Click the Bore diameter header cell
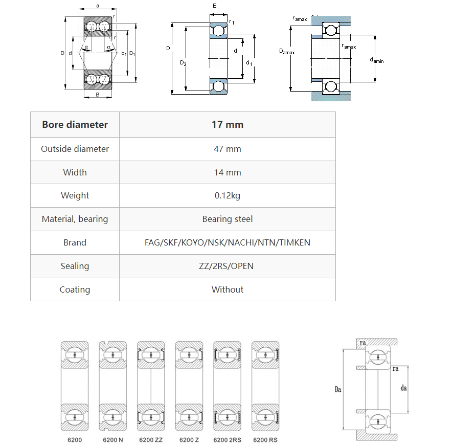click(x=75, y=124)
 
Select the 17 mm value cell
click(x=228, y=124)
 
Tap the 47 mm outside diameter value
click(x=228, y=149)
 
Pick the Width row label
click(x=75, y=172)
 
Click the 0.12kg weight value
click(x=228, y=195)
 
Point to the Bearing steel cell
click(x=228, y=219)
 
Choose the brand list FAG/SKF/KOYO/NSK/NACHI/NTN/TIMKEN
click(x=228, y=242)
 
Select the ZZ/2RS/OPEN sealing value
click(x=228, y=266)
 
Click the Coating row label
click(x=75, y=289)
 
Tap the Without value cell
click(x=228, y=289)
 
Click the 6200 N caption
click(x=112, y=440)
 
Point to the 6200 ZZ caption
click(x=151, y=440)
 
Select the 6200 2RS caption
click(x=227, y=440)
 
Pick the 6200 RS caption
click(x=265, y=440)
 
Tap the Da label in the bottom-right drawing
click(x=337, y=390)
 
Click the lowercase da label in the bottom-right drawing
click(x=404, y=389)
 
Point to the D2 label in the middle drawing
click(x=183, y=63)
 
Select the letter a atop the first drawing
click(x=97, y=6)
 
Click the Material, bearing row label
click(x=75, y=219)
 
